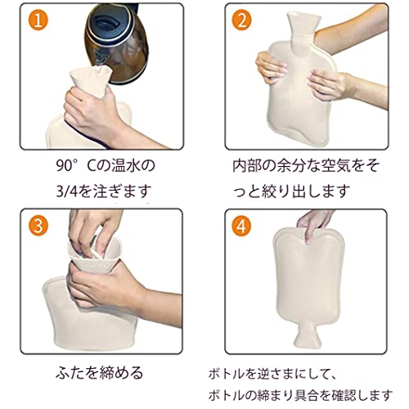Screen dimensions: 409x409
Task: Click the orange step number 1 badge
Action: click(x=38, y=20)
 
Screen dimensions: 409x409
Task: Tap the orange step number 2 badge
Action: click(x=241, y=20)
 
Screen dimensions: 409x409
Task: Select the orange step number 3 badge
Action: click(x=38, y=226)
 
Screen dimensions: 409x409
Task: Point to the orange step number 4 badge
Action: click(x=241, y=226)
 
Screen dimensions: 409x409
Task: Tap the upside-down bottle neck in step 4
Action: click(x=307, y=335)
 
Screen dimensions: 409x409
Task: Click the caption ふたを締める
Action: click(x=100, y=373)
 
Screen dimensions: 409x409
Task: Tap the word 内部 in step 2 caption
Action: click(x=247, y=165)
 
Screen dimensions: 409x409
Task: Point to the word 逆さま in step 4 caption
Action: click(x=277, y=374)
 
